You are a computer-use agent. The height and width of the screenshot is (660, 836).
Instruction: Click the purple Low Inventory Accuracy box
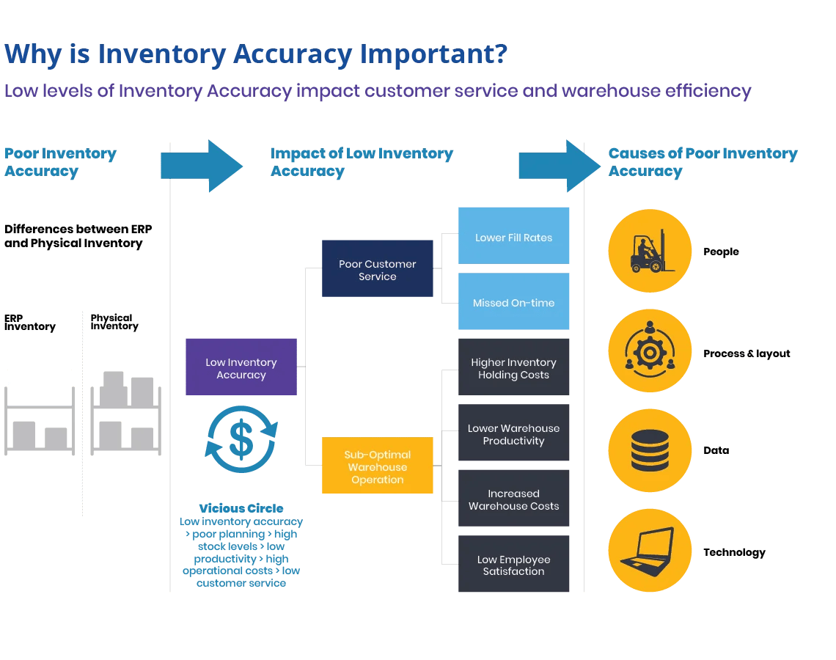tap(241, 367)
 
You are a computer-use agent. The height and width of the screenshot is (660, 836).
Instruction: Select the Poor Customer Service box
tap(377, 268)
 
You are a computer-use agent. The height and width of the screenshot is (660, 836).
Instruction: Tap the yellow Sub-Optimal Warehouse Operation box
tap(377, 466)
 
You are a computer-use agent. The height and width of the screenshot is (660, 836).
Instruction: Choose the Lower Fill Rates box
tap(513, 235)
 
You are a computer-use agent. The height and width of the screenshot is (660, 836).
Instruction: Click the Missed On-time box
tap(513, 301)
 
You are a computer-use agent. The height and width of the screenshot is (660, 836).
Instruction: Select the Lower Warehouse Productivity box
tap(513, 433)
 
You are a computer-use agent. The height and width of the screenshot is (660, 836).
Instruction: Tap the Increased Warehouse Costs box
tap(513, 498)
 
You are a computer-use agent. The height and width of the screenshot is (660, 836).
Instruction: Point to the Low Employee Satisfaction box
tap(513, 564)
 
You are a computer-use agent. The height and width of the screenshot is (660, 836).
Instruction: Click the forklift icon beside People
tap(649, 251)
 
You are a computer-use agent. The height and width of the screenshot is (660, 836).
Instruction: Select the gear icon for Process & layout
tap(649, 351)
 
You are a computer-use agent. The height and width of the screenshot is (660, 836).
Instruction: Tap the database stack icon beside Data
tap(649, 450)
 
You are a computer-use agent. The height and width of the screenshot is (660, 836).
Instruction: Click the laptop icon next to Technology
tap(649, 551)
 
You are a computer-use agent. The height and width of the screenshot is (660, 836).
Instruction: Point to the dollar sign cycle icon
tap(241, 439)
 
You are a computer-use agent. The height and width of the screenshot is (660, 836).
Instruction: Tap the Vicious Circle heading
tap(241, 508)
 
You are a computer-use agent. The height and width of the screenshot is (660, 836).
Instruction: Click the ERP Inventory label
tap(29, 323)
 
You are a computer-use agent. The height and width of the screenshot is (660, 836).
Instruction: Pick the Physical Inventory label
tap(114, 322)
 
